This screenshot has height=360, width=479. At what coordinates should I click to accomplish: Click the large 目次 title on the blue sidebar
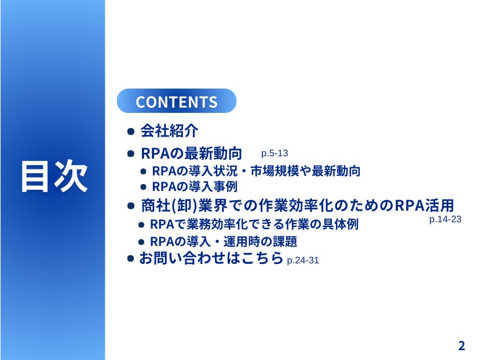pos(54,176)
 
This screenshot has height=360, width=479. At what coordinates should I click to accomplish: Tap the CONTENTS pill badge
pos(177,101)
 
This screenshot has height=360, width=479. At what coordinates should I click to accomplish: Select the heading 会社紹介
pos(169,131)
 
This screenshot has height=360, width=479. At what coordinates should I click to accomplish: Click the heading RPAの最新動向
pos(192,153)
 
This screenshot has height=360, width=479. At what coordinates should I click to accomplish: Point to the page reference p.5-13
pos(275,153)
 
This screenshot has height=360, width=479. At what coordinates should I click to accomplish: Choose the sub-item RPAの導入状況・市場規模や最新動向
pos(257,171)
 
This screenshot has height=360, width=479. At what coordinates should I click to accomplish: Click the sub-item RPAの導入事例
pos(195,186)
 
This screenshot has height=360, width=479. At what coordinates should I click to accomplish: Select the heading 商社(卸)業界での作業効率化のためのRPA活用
pos(298,205)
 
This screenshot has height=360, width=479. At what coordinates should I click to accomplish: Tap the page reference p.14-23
pos(445,219)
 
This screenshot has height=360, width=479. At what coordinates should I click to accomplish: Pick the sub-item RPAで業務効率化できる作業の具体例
pos(254,225)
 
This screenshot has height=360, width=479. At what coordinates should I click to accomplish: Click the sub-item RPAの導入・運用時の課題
pos(224,241)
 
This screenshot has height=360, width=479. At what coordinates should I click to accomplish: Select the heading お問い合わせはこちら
pos(211,258)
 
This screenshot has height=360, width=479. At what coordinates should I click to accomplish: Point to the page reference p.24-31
pos(303,260)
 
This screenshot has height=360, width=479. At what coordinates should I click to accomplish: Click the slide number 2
pos(462,346)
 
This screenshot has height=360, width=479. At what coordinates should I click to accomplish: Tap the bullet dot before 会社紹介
pos(131,131)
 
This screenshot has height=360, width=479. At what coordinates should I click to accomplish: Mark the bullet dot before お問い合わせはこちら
pos(130,259)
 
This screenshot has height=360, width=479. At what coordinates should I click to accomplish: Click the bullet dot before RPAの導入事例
pos(143,187)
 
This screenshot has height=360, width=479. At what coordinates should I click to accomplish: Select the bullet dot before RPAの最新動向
pos(131,153)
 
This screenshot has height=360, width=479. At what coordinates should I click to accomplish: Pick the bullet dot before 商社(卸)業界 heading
pos(131,206)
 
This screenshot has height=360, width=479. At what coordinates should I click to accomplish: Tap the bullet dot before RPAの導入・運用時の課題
pos(141,242)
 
